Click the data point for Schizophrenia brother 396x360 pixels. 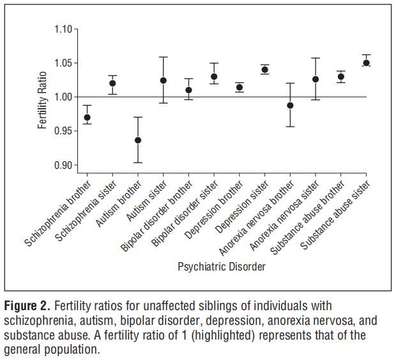pyautogui.click(x=88, y=118)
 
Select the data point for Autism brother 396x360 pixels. pyautogui.click(x=138, y=140)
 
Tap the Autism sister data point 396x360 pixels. pyautogui.click(x=164, y=81)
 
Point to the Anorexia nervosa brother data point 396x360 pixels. pyautogui.click(x=290, y=106)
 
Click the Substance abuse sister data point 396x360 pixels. pyautogui.click(x=367, y=63)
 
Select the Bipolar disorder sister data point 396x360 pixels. pyautogui.click(x=214, y=77)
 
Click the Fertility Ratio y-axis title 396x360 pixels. pyautogui.click(x=43, y=97)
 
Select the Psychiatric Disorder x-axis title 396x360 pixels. pyautogui.click(x=222, y=267)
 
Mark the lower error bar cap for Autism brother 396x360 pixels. pyautogui.click(x=138, y=162)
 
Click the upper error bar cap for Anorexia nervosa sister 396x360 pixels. pyautogui.click(x=316, y=58)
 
